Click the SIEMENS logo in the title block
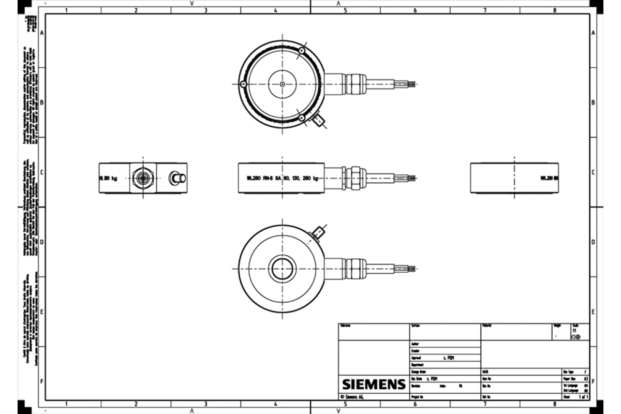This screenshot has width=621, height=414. point(373,385)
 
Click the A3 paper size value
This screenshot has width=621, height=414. point(585,379)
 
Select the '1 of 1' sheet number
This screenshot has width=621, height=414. point(583,397)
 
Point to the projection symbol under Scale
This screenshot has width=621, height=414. point(575,337)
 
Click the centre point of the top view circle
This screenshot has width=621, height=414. point(282,84)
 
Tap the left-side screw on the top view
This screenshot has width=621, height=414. point(243,84)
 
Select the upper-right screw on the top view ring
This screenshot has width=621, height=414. point(301,50)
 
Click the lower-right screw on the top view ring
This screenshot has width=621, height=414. point(301,118)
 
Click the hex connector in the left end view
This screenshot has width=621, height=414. point(141,178)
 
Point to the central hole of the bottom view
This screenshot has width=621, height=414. point(282,269)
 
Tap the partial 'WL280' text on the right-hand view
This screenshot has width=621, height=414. point(549,178)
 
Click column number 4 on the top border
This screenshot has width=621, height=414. point(275,10)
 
